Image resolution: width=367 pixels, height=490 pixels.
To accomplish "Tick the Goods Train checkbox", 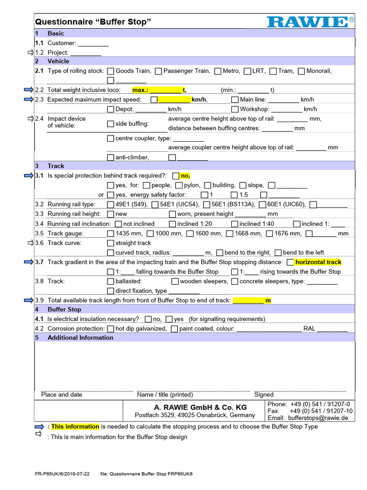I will point(110,71).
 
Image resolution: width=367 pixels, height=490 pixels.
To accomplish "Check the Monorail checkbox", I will point(301,71).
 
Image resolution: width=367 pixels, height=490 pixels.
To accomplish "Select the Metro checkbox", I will point(218,71).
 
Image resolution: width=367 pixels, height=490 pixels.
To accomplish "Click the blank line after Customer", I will point(93,44).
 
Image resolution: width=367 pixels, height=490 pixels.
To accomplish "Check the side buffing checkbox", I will point(110,124).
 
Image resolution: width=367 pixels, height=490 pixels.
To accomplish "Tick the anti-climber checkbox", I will point(110,157).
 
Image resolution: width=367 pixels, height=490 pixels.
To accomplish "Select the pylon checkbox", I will point(179,186).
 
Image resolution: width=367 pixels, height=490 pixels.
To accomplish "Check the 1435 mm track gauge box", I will point(110,234).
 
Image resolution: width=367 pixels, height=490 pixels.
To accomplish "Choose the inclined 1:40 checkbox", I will point(234,224).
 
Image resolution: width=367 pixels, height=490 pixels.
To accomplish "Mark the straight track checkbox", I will point(110,243).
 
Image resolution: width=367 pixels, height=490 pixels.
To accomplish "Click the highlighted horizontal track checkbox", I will point(290,262).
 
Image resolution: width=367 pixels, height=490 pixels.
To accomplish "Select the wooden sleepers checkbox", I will point(175,281).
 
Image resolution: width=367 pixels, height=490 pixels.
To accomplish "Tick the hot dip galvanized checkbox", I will point(110,329).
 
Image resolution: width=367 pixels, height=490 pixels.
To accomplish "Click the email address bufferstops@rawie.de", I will point(318,418).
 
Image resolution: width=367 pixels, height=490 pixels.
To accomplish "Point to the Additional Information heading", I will point(80,337).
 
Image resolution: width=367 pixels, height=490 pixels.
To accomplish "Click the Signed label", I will point(264,395).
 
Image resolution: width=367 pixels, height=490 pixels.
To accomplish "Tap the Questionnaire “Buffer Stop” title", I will point(93,22).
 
